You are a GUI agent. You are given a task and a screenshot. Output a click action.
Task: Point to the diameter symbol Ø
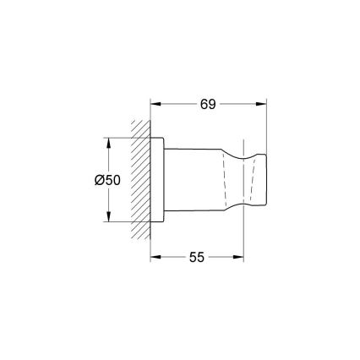pyautogui.click(x=100, y=179)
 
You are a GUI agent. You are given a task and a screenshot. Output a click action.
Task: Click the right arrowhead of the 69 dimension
pyautogui.click(x=264, y=104)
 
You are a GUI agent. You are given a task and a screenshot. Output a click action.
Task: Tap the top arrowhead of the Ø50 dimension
pyautogui.click(x=108, y=140)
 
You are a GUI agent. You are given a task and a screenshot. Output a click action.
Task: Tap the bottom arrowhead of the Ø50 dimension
pyautogui.click(x=108, y=218)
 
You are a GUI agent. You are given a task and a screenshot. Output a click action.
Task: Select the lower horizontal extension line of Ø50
pyautogui.click(x=123, y=222)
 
